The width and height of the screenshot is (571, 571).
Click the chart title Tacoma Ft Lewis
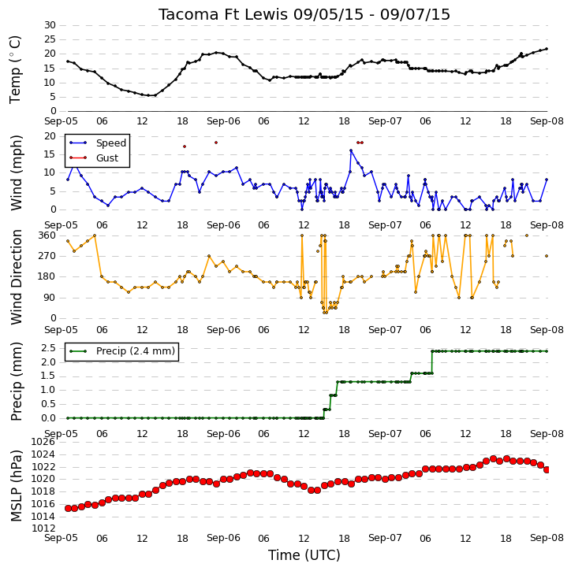[x=222, y=14]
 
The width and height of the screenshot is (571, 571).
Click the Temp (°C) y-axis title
[x=15, y=69]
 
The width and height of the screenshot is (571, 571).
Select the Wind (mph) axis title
[x=16, y=172]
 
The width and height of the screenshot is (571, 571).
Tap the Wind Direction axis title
[x=16, y=276]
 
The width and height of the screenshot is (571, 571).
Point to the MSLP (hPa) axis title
[x=16, y=486]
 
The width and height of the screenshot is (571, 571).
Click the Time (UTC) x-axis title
[x=304, y=555]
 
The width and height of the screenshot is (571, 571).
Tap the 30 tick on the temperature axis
[x=50, y=25]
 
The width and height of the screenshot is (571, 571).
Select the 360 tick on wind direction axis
[x=47, y=235]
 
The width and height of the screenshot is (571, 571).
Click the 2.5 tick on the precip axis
[x=49, y=348]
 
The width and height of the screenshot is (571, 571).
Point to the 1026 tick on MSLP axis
[x=43, y=442]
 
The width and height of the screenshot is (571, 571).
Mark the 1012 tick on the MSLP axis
[x=43, y=528]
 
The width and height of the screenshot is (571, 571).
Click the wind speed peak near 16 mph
[x=351, y=150]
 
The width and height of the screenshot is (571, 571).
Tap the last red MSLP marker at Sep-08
[x=547, y=469]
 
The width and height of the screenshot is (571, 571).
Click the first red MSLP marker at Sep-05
[x=68, y=508]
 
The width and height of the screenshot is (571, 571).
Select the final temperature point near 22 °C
[x=547, y=49]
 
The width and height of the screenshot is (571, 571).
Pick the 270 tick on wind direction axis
[x=47, y=256]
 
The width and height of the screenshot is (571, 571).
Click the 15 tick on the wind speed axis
[x=50, y=154]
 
